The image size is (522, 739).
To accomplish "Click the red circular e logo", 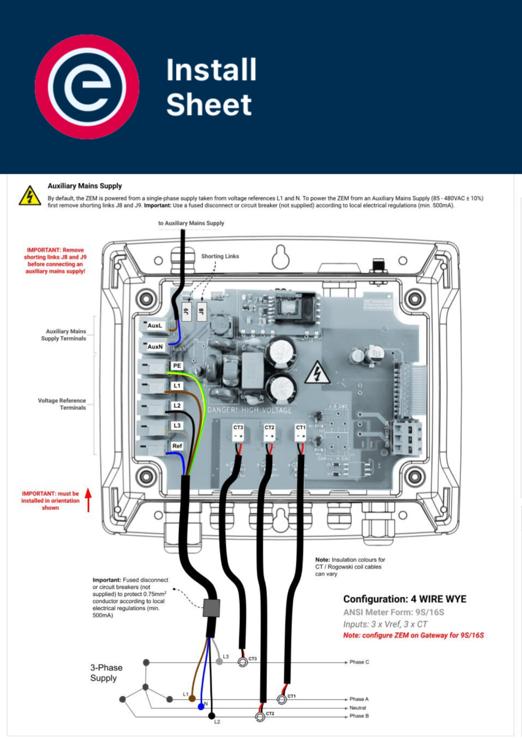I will pos(87,87).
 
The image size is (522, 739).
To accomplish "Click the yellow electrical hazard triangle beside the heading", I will pos(30,196).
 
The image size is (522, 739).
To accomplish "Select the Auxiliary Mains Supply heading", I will pos(85,186).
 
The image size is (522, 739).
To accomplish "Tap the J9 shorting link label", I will pos(186,311).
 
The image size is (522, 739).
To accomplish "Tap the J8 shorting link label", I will pos(202,311).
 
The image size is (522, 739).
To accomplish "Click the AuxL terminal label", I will pos(155,326).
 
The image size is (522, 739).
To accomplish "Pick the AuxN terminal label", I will pos(155,346).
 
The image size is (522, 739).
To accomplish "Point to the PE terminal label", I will pos(177,366).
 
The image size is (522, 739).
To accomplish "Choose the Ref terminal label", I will pos(177,446).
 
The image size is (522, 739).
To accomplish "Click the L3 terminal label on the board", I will pos(177,425).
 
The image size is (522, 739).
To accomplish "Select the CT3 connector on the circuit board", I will pos(238,432).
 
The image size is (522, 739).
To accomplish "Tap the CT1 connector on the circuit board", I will pos(300,432).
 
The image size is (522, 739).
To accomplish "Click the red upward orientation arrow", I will pos(88,500).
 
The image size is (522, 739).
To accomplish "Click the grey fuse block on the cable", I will pos(211,608).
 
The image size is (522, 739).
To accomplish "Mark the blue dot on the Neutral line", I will pos(201,707).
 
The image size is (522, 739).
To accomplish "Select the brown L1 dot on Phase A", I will pos(192,699).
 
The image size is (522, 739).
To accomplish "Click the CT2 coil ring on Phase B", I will pos(260,717).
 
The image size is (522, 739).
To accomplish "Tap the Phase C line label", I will pos(359,662).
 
